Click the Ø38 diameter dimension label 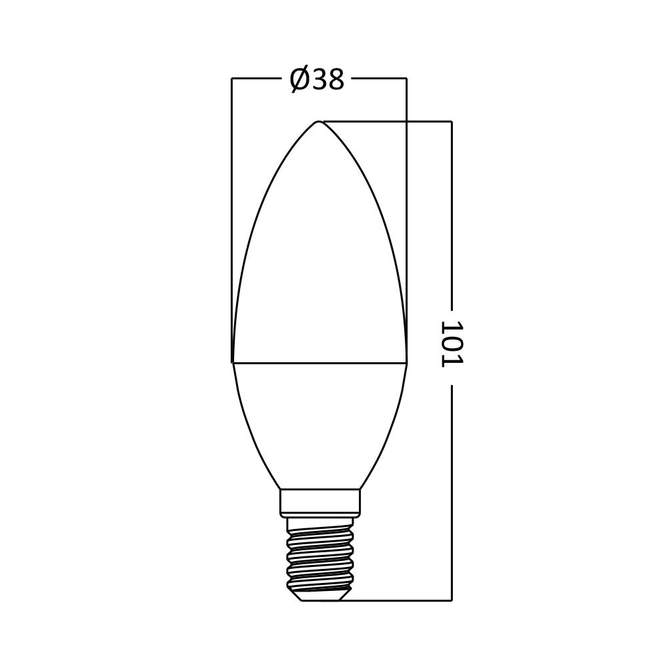[317, 80]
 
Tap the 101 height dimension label [452, 344]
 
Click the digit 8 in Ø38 [336, 80]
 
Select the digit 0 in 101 [452, 344]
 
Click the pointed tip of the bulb [319, 122]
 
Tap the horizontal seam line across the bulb [319, 363]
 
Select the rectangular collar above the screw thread [319, 502]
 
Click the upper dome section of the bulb [319, 253]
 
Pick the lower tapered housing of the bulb [319, 420]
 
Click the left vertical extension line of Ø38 [231, 200]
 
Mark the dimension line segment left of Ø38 [257, 78]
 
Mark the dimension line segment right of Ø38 [379, 78]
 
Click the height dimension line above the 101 [452, 213]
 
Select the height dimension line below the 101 [452, 494]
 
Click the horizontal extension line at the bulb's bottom [400, 600]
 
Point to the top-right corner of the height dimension [452, 121]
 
